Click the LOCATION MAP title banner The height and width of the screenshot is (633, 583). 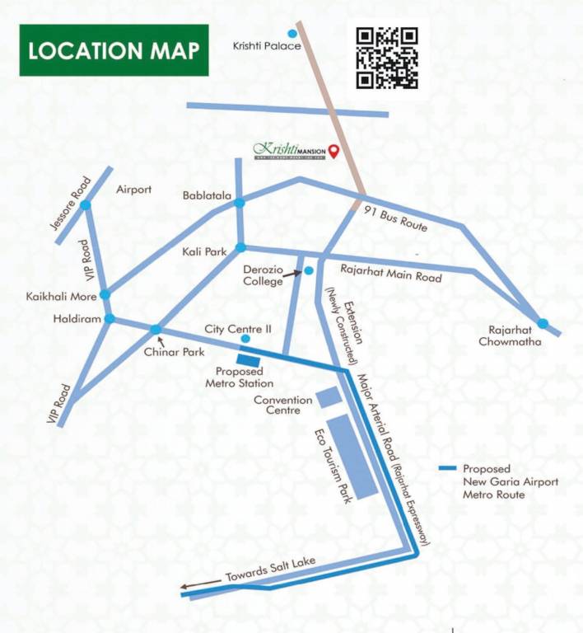(114, 50)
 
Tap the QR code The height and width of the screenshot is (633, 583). (387, 58)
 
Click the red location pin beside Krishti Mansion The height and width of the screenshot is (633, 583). (333, 151)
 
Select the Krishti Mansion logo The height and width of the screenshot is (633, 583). (289, 151)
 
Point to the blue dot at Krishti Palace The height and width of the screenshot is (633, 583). (291, 34)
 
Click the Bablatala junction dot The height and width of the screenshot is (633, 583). (239, 202)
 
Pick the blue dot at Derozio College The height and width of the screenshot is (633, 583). (309, 270)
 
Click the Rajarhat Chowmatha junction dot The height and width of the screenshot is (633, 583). (543, 323)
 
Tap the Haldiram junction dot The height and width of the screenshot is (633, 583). (110, 319)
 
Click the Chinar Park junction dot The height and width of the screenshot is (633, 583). (156, 331)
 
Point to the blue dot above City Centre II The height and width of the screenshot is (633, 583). (245, 339)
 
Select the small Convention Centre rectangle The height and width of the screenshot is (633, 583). (329, 396)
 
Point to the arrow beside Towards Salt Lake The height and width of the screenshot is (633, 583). (194, 588)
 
